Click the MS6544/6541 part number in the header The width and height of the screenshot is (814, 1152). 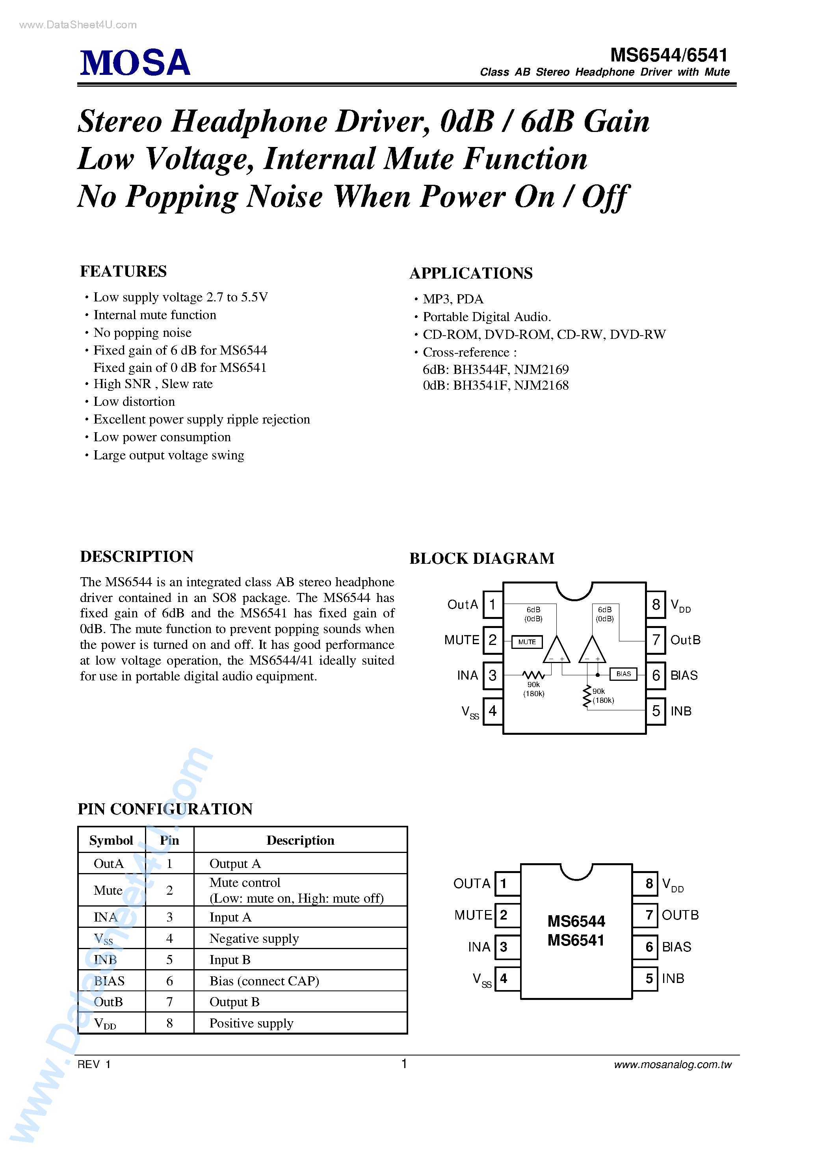pyautogui.click(x=669, y=55)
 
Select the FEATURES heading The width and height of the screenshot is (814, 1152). pyautogui.click(x=123, y=271)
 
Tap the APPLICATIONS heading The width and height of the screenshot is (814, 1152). pyautogui.click(x=471, y=273)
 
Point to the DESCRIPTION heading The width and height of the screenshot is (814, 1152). pyautogui.click(x=136, y=556)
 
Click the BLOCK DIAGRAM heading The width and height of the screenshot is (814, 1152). pyautogui.click(x=482, y=558)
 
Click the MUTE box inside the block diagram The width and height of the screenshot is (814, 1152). pyautogui.click(x=526, y=642)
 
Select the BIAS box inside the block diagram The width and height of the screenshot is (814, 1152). pyautogui.click(x=623, y=674)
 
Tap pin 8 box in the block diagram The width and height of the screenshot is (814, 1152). pyautogui.click(x=655, y=605)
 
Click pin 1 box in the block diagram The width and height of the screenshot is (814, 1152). pyautogui.click(x=492, y=605)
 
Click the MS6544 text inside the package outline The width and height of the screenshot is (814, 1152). pyautogui.click(x=576, y=921)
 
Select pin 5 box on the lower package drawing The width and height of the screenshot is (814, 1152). pyautogui.click(x=649, y=978)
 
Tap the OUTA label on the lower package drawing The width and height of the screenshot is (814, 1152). pyautogui.click(x=471, y=884)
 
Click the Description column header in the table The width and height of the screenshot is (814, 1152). pyautogui.click(x=300, y=840)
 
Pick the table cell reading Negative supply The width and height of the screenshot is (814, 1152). pyautogui.click(x=254, y=938)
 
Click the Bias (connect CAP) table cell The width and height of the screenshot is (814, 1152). pyautogui.click(x=264, y=981)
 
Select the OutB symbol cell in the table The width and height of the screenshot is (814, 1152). pyautogui.click(x=108, y=1002)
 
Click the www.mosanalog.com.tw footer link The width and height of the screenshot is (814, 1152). pyautogui.click(x=673, y=1064)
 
